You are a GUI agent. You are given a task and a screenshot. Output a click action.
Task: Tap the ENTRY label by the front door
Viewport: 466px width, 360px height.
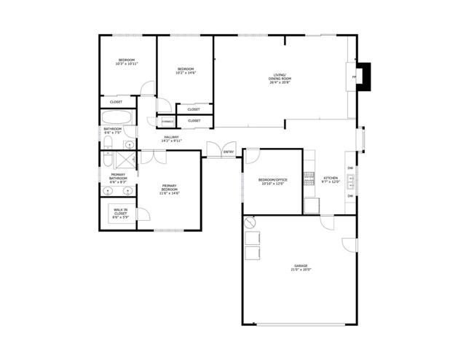pyautogui.click(x=229, y=152)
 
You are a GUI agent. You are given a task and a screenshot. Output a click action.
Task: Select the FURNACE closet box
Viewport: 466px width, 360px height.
pyautogui.click(x=167, y=121)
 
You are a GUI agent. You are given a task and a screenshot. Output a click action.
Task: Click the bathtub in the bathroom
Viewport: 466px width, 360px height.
pyautogui.click(x=117, y=117)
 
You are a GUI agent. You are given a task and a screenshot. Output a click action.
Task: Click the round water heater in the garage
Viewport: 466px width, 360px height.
pyautogui.click(x=250, y=222)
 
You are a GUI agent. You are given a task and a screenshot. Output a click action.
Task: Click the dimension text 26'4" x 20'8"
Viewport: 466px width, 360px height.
pyautogui.click(x=280, y=82)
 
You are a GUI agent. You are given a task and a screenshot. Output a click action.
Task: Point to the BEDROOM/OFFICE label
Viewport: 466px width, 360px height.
pyautogui.click(x=273, y=180)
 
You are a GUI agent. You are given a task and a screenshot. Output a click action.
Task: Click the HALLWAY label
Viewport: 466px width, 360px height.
pyautogui.click(x=172, y=137)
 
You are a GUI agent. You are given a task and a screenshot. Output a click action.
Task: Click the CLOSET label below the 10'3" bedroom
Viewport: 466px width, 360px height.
pyautogui.click(x=116, y=102)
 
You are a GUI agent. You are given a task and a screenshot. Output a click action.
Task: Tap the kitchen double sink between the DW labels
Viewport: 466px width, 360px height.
pyautogui.click(x=351, y=179)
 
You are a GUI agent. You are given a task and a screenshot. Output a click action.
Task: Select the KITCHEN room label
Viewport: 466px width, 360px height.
pyautogui.click(x=331, y=178)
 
